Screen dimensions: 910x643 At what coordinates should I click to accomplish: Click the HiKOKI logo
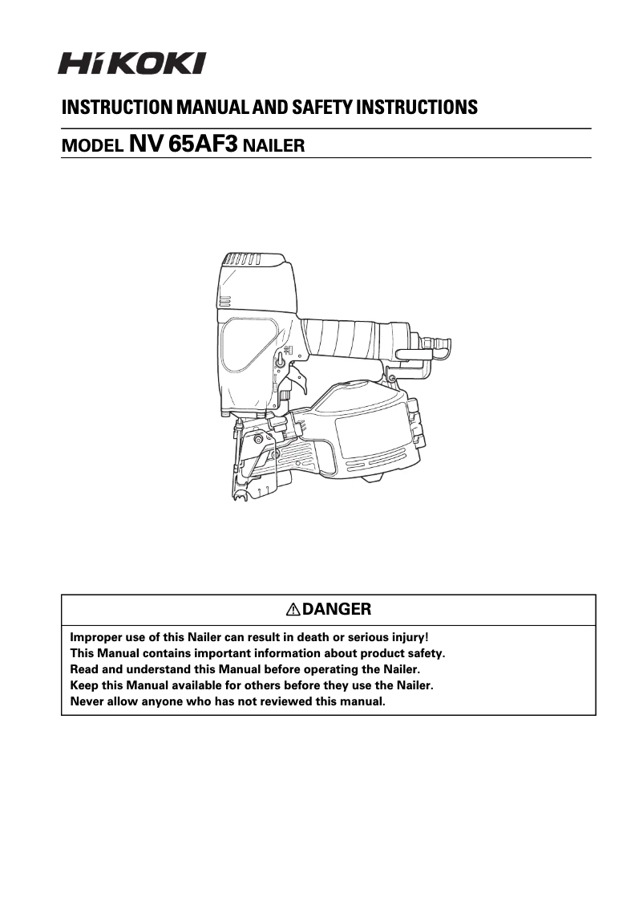point(131,63)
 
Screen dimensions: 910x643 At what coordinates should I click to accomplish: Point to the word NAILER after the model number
point(273,147)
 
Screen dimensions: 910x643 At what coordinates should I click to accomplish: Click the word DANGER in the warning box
point(337,609)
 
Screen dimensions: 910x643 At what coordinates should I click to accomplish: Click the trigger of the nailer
point(298,382)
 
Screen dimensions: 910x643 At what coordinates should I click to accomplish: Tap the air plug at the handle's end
point(439,345)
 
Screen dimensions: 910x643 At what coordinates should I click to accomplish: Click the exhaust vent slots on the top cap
point(241,260)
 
